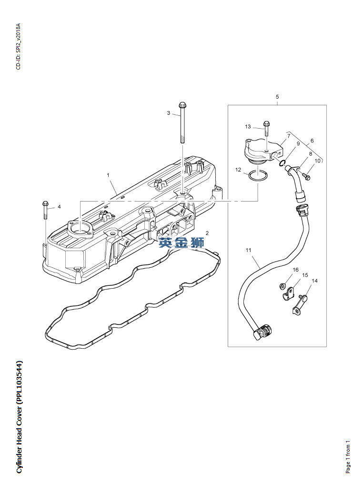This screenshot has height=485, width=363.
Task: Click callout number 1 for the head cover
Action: pos(108,175)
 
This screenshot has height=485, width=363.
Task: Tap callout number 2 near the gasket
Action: pos(207,233)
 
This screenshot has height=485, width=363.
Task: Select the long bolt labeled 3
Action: pos(182,122)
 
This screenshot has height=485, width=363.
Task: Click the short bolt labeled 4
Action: pos(45,210)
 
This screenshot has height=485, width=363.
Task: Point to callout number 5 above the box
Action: pos(277,97)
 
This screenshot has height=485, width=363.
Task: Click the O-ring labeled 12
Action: pos(257,177)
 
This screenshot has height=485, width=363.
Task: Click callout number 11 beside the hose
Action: pos(249,250)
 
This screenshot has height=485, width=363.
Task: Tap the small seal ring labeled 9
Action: pos(282,163)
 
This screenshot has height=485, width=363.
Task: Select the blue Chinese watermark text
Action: pos(181,242)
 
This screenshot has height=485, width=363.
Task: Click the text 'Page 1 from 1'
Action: pos(348,456)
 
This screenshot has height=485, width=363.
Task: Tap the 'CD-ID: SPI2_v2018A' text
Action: pos(18,46)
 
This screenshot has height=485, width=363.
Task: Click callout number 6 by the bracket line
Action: pos(312,141)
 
